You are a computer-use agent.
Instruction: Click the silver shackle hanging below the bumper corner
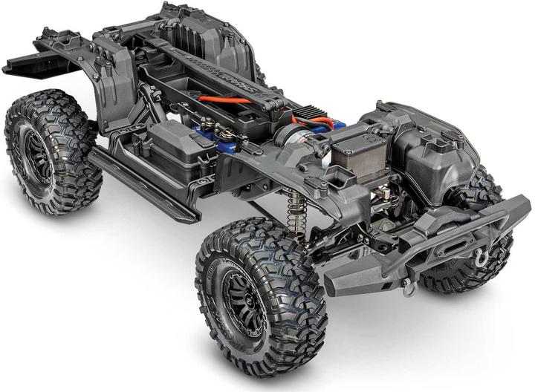[x=409, y=289]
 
